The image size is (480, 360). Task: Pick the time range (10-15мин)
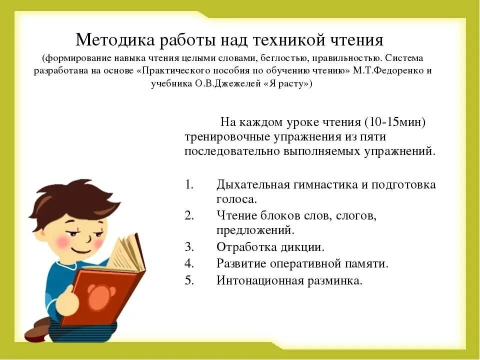[395, 122]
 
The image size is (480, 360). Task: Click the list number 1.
[188, 184]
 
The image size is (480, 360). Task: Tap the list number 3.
[188, 246]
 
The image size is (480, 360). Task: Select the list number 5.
[188, 280]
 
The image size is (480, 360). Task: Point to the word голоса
[236, 199]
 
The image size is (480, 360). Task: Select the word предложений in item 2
[255, 230]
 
